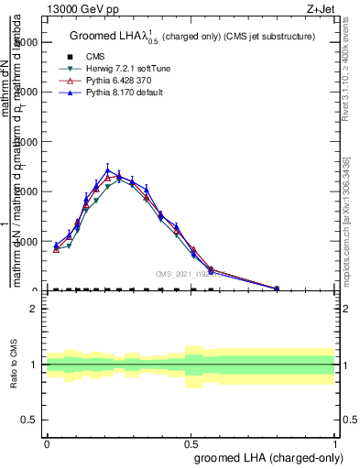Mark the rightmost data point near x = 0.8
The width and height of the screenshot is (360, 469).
pos(277,289)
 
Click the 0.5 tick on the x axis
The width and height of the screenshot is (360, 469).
pos(191,443)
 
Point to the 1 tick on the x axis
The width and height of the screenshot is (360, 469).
pos(334,443)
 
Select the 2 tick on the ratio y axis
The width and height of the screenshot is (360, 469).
pos(34,309)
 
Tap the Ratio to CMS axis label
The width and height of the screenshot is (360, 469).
pos(14,365)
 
